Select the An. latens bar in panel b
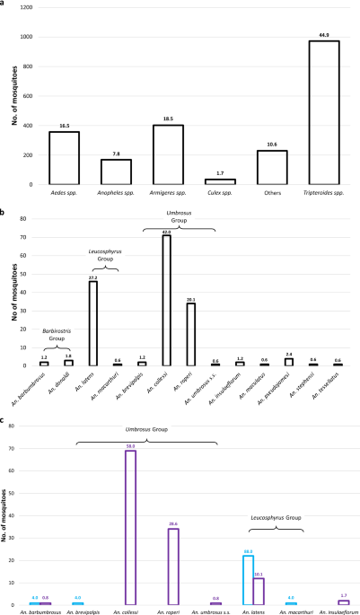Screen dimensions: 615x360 pos(92,323)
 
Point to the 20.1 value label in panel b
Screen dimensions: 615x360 pos(189,299)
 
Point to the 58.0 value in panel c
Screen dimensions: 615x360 pos(130,445)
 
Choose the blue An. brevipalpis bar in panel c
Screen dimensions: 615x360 pos(77,602)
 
